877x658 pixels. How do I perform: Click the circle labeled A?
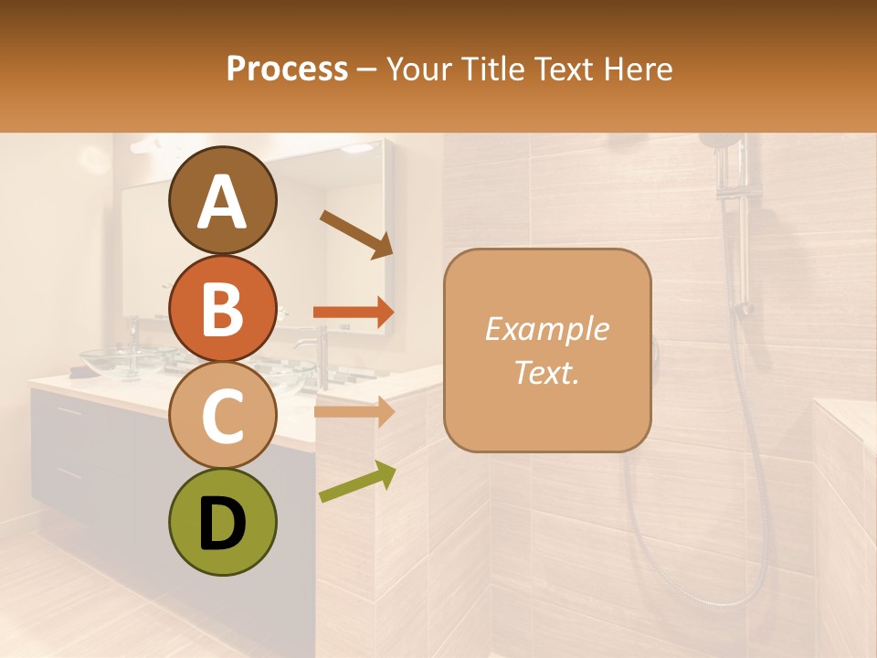tap(223, 201)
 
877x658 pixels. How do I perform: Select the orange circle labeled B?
tap(223, 309)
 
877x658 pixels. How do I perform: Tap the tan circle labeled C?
tap(223, 416)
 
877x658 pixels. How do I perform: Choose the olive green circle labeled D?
tap(223, 522)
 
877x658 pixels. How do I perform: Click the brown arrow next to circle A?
tap(355, 234)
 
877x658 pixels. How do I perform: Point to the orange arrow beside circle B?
tap(354, 313)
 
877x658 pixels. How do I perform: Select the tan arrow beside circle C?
tap(354, 411)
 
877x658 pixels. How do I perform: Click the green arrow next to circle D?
tap(357, 482)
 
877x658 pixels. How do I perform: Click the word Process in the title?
tap(287, 69)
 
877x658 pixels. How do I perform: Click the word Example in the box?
tap(546, 329)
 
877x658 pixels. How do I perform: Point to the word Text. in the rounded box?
tap(546, 372)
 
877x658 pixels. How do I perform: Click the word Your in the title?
tap(418, 69)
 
